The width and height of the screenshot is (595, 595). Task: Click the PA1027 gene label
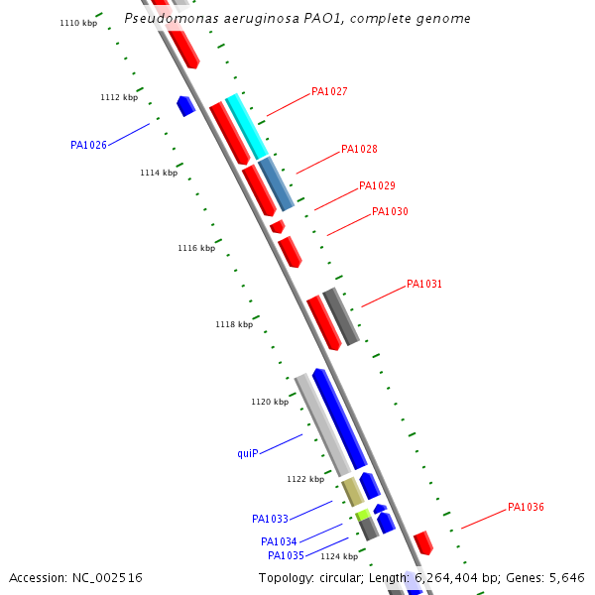329,92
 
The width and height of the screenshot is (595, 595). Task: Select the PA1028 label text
359,150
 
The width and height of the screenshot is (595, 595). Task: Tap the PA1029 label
377,186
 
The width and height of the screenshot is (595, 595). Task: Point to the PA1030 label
390,212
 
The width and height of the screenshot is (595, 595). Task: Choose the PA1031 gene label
424,285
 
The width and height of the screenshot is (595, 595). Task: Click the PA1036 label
526,508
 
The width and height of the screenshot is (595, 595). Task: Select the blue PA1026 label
88,146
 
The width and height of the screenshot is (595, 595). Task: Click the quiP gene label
247,454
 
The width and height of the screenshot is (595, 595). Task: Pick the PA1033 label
270,520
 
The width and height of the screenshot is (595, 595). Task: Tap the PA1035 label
286,556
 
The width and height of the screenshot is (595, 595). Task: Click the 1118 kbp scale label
234,325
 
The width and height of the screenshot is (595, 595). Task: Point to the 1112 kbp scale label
119,98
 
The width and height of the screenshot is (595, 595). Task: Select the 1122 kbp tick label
305,480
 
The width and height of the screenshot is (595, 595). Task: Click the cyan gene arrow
247,126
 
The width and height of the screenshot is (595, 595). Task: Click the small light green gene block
363,515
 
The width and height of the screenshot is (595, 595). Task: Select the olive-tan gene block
352,491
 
